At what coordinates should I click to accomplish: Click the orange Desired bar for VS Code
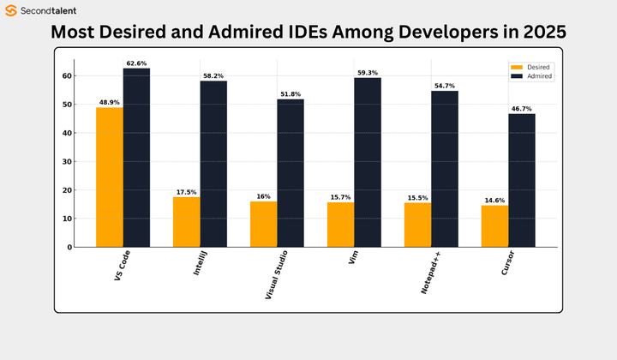(x=109, y=177)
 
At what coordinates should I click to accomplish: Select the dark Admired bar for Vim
(x=368, y=162)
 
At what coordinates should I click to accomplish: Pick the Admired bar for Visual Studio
(x=291, y=173)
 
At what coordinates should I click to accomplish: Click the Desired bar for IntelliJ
(x=186, y=221)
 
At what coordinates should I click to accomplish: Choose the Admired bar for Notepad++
(x=445, y=169)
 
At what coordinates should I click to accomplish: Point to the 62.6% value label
(x=136, y=63)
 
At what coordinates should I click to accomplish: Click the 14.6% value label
(x=494, y=201)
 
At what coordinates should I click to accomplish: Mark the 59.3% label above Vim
(x=368, y=73)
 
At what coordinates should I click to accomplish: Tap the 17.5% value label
(x=186, y=192)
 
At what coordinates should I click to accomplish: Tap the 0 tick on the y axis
(x=69, y=247)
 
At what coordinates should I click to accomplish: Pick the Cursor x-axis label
(x=512, y=265)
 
